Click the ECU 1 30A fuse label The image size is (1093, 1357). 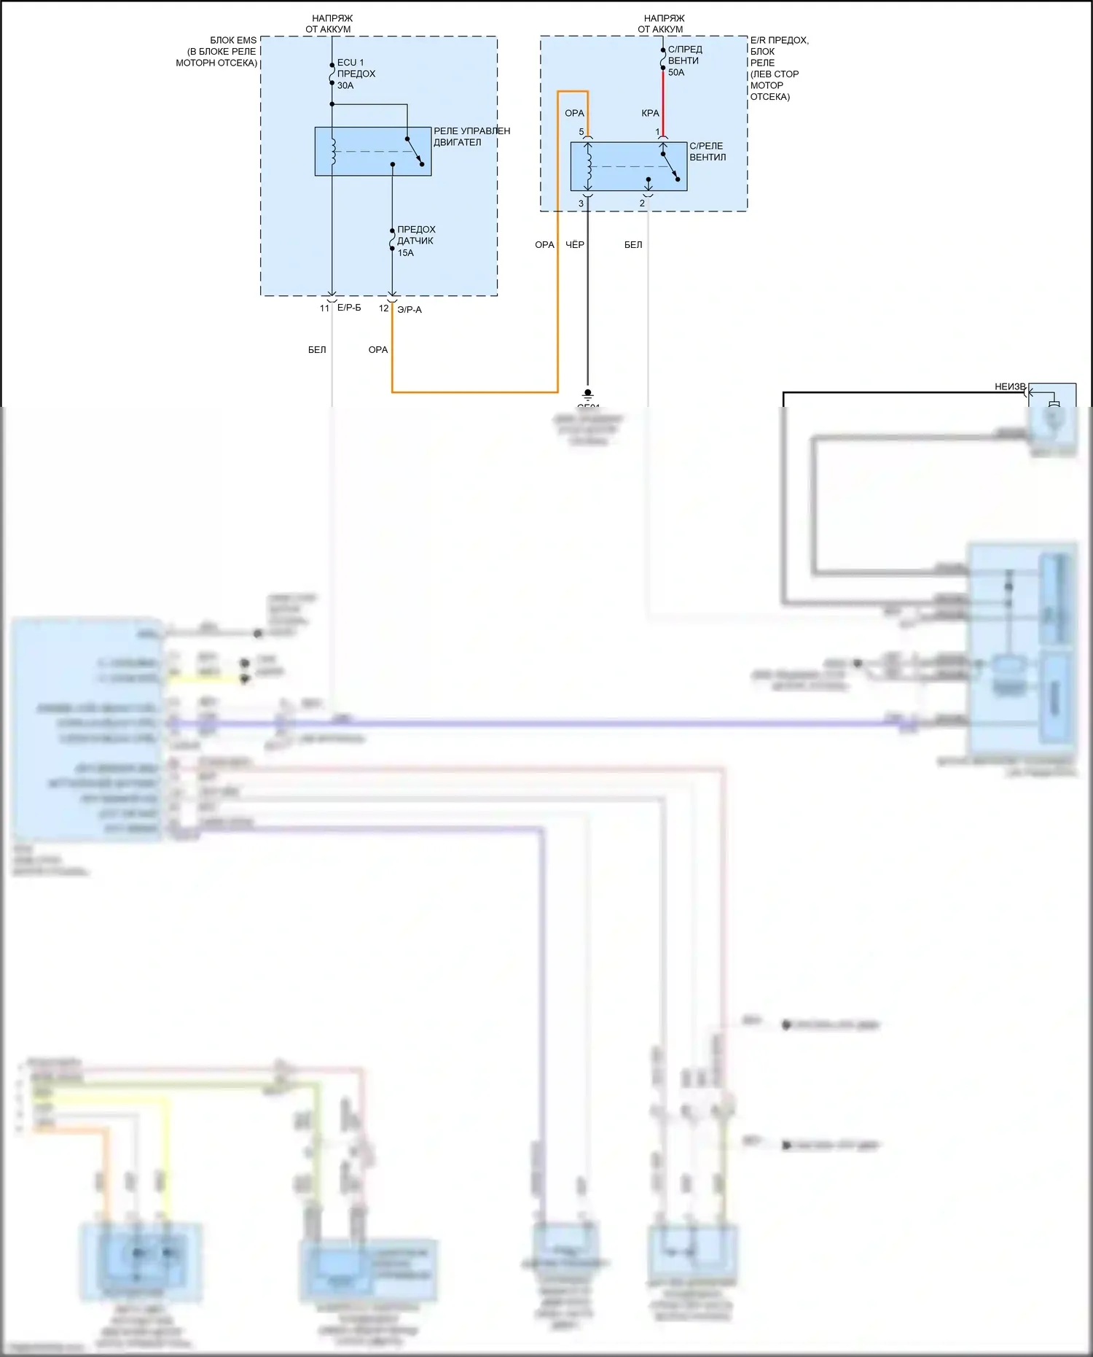[x=356, y=74]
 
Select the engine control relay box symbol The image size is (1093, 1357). [x=372, y=152]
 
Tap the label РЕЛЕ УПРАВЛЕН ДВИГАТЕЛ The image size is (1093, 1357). [x=471, y=136]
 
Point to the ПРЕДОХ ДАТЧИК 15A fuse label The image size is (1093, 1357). [x=415, y=241]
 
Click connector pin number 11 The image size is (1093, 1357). [x=324, y=308]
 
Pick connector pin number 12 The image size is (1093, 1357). [x=383, y=308]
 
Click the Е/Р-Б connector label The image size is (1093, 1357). [x=349, y=308]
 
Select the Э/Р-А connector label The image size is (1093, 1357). [x=410, y=310]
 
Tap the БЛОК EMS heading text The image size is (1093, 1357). [x=217, y=52]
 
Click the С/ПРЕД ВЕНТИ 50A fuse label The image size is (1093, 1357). [x=684, y=61]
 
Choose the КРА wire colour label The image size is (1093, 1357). [x=650, y=113]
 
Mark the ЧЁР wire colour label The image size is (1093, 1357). [x=575, y=244]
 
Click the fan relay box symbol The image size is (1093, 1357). [x=628, y=166]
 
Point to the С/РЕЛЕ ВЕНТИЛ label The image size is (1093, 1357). [x=708, y=152]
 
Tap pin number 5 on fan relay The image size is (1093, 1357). [x=581, y=132]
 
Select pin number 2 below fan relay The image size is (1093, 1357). [x=642, y=203]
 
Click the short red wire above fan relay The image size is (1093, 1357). [x=662, y=102]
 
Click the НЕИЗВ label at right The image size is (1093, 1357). [x=1010, y=386]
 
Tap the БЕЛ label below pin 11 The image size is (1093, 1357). [x=317, y=350]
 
